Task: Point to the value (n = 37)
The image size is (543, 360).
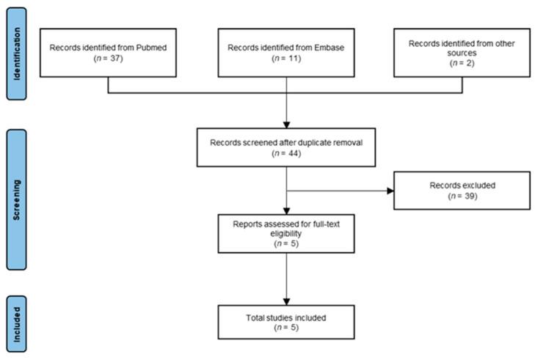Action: point(109,59)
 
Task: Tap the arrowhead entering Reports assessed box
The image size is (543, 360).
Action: point(286,213)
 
